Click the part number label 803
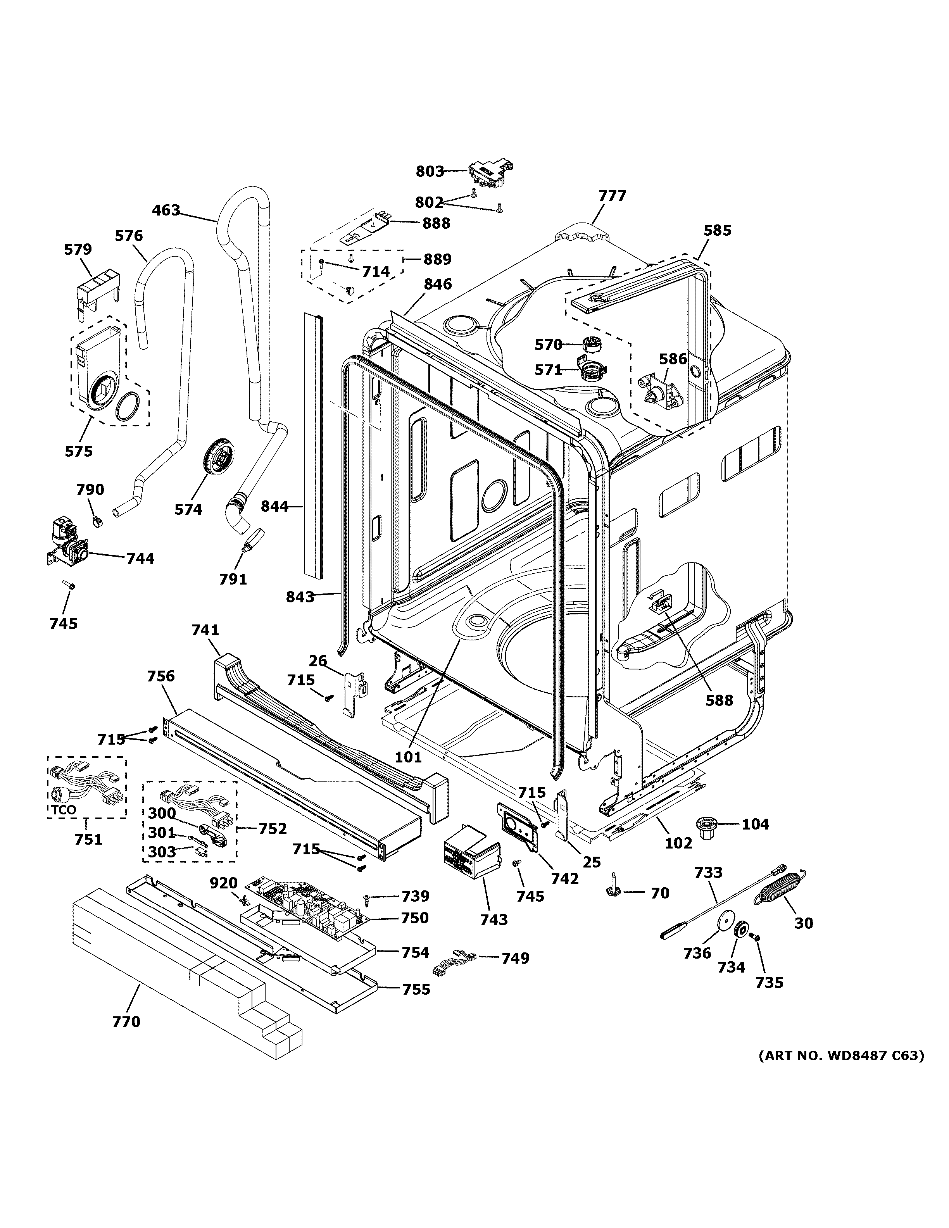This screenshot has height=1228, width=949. tap(430, 171)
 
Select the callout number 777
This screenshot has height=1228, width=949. tap(612, 196)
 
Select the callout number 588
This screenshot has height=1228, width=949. tap(720, 700)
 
